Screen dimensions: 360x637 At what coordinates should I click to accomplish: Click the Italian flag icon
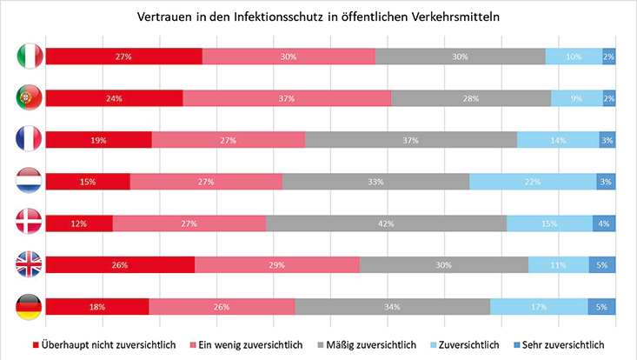pos(30,57)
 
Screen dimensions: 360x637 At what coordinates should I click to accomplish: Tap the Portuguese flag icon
pos(30,98)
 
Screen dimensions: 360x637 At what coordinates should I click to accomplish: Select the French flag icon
pos(30,140)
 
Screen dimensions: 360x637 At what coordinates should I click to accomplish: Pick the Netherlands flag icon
pos(30,182)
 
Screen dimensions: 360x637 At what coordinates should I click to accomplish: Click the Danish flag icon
pos(30,223)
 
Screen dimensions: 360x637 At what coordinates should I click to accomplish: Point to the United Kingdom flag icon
pos(30,265)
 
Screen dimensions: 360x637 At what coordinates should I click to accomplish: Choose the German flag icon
pos(30,307)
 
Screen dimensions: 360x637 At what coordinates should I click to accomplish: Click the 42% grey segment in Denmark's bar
pos(386,223)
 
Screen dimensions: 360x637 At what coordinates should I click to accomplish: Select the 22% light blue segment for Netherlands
pos(533,182)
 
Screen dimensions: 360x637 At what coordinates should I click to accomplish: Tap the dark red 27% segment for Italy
pos(123,57)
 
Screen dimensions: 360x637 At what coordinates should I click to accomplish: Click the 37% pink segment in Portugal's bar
pos(287,98)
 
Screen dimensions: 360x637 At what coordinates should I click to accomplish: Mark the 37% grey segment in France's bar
pos(410,140)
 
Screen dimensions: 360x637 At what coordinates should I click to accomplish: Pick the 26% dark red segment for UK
pos(120,265)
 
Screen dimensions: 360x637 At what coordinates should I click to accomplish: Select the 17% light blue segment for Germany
pos(539,307)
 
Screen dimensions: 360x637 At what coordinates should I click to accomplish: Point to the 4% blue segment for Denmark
pos(604,223)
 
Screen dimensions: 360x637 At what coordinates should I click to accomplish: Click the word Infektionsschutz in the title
pos(242,17)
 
